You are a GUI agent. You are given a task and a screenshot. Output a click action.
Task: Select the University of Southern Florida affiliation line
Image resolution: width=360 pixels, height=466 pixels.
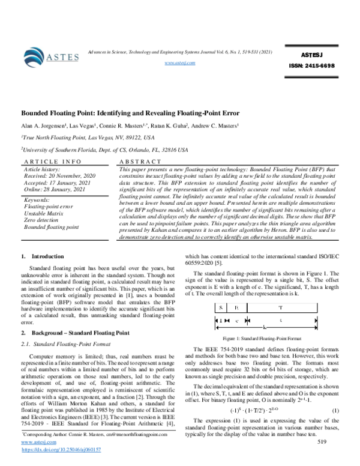[104, 150]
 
